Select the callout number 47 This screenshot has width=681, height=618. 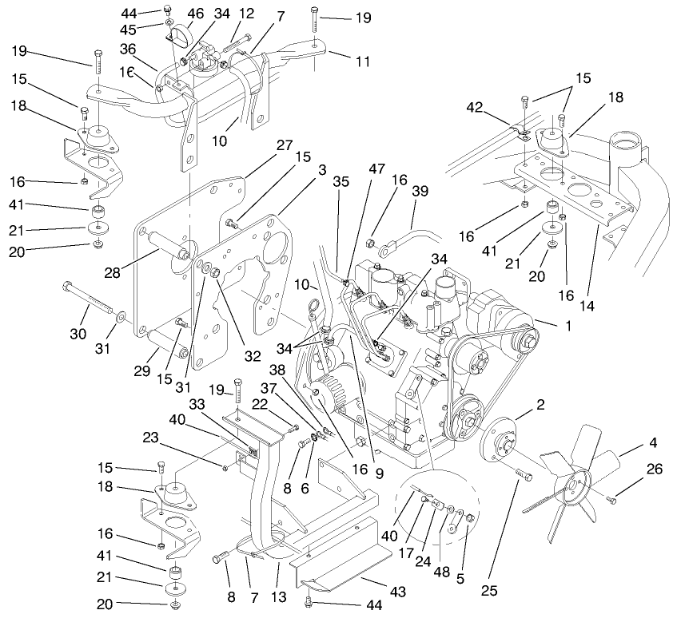coord(376,169)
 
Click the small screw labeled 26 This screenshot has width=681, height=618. coord(611,501)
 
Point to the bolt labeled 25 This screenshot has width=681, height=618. coord(524,476)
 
